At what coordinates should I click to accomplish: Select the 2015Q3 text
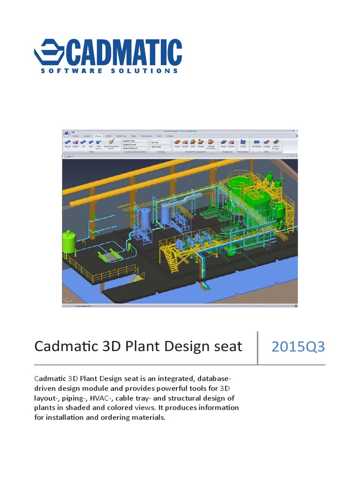click(x=298, y=347)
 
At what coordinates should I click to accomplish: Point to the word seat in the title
click(x=227, y=347)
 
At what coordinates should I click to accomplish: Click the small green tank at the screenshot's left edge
click(x=69, y=241)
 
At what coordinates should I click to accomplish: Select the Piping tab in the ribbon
click(x=97, y=135)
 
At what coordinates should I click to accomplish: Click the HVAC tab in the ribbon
click(x=109, y=135)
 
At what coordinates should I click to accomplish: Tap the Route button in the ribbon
click(x=67, y=143)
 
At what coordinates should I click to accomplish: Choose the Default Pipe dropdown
click(x=135, y=141)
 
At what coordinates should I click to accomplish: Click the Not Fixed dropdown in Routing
click(x=160, y=146)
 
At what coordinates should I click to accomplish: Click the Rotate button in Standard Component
click(x=200, y=143)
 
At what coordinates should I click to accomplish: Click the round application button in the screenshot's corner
click(x=67, y=133)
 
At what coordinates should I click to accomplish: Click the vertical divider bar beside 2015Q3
click(x=257, y=347)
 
